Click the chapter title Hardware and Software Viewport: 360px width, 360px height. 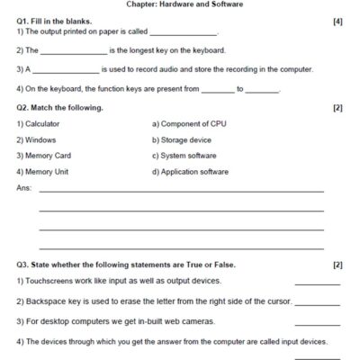coord(180,4)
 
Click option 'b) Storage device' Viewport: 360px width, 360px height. coord(182,139)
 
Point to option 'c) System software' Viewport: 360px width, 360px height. coord(184,156)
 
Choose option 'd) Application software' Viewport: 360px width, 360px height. coord(190,172)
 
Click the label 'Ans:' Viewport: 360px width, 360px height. coord(24,188)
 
